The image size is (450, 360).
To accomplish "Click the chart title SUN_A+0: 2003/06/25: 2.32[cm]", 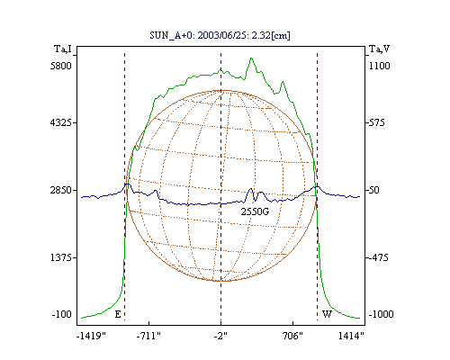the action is tap(220, 35).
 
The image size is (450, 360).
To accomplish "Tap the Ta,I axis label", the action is tap(63, 49).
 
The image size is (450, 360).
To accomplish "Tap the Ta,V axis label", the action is tap(379, 49).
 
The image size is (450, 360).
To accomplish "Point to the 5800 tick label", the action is tap(61, 66).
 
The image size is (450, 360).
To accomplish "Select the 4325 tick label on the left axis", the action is tap(61, 122).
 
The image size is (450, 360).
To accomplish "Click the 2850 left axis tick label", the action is tap(61, 190).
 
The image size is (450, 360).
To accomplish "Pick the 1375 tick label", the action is tap(61, 257).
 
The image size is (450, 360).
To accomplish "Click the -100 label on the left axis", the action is tap(62, 314).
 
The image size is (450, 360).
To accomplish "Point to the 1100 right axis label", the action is tap(380, 66).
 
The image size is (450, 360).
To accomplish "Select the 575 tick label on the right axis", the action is tap(376, 122).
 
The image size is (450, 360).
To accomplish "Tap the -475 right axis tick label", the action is tap(378, 257).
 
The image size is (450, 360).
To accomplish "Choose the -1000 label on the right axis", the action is tap(381, 314).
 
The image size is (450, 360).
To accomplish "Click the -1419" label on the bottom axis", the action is tap(91, 336).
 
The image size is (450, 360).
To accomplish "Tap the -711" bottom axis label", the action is tap(148, 336).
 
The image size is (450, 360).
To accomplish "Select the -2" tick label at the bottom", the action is tap(220, 336).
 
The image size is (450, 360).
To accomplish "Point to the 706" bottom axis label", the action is tap(292, 336).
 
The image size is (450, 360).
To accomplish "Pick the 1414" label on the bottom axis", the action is tap(351, 336).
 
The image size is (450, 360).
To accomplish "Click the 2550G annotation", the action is tap(255, 211).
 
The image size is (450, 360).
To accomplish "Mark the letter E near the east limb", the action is tap(118, 314).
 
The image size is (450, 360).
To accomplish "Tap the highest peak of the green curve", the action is tap(251, 58).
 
